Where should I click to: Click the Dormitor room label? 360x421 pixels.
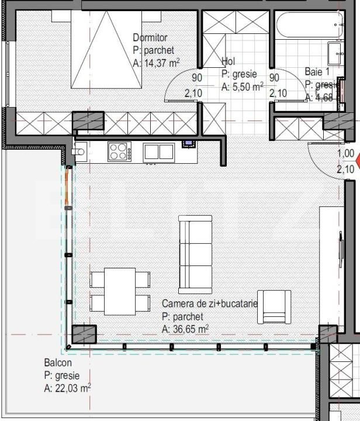(x=150, y=38)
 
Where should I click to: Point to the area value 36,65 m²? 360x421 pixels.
(x=185, y=329)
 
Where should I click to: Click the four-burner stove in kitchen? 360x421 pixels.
(x=119, y=151)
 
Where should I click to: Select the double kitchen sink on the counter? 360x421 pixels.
(x=158, y=151)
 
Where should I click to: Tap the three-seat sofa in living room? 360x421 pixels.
(x=195, y=254)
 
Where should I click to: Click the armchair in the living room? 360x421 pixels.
(x=274, y=307)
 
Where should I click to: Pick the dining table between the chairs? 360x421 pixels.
(x=120, y=291)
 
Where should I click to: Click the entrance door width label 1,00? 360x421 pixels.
(x=346, y=154)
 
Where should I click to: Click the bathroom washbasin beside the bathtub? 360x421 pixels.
(x=336, y=53)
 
